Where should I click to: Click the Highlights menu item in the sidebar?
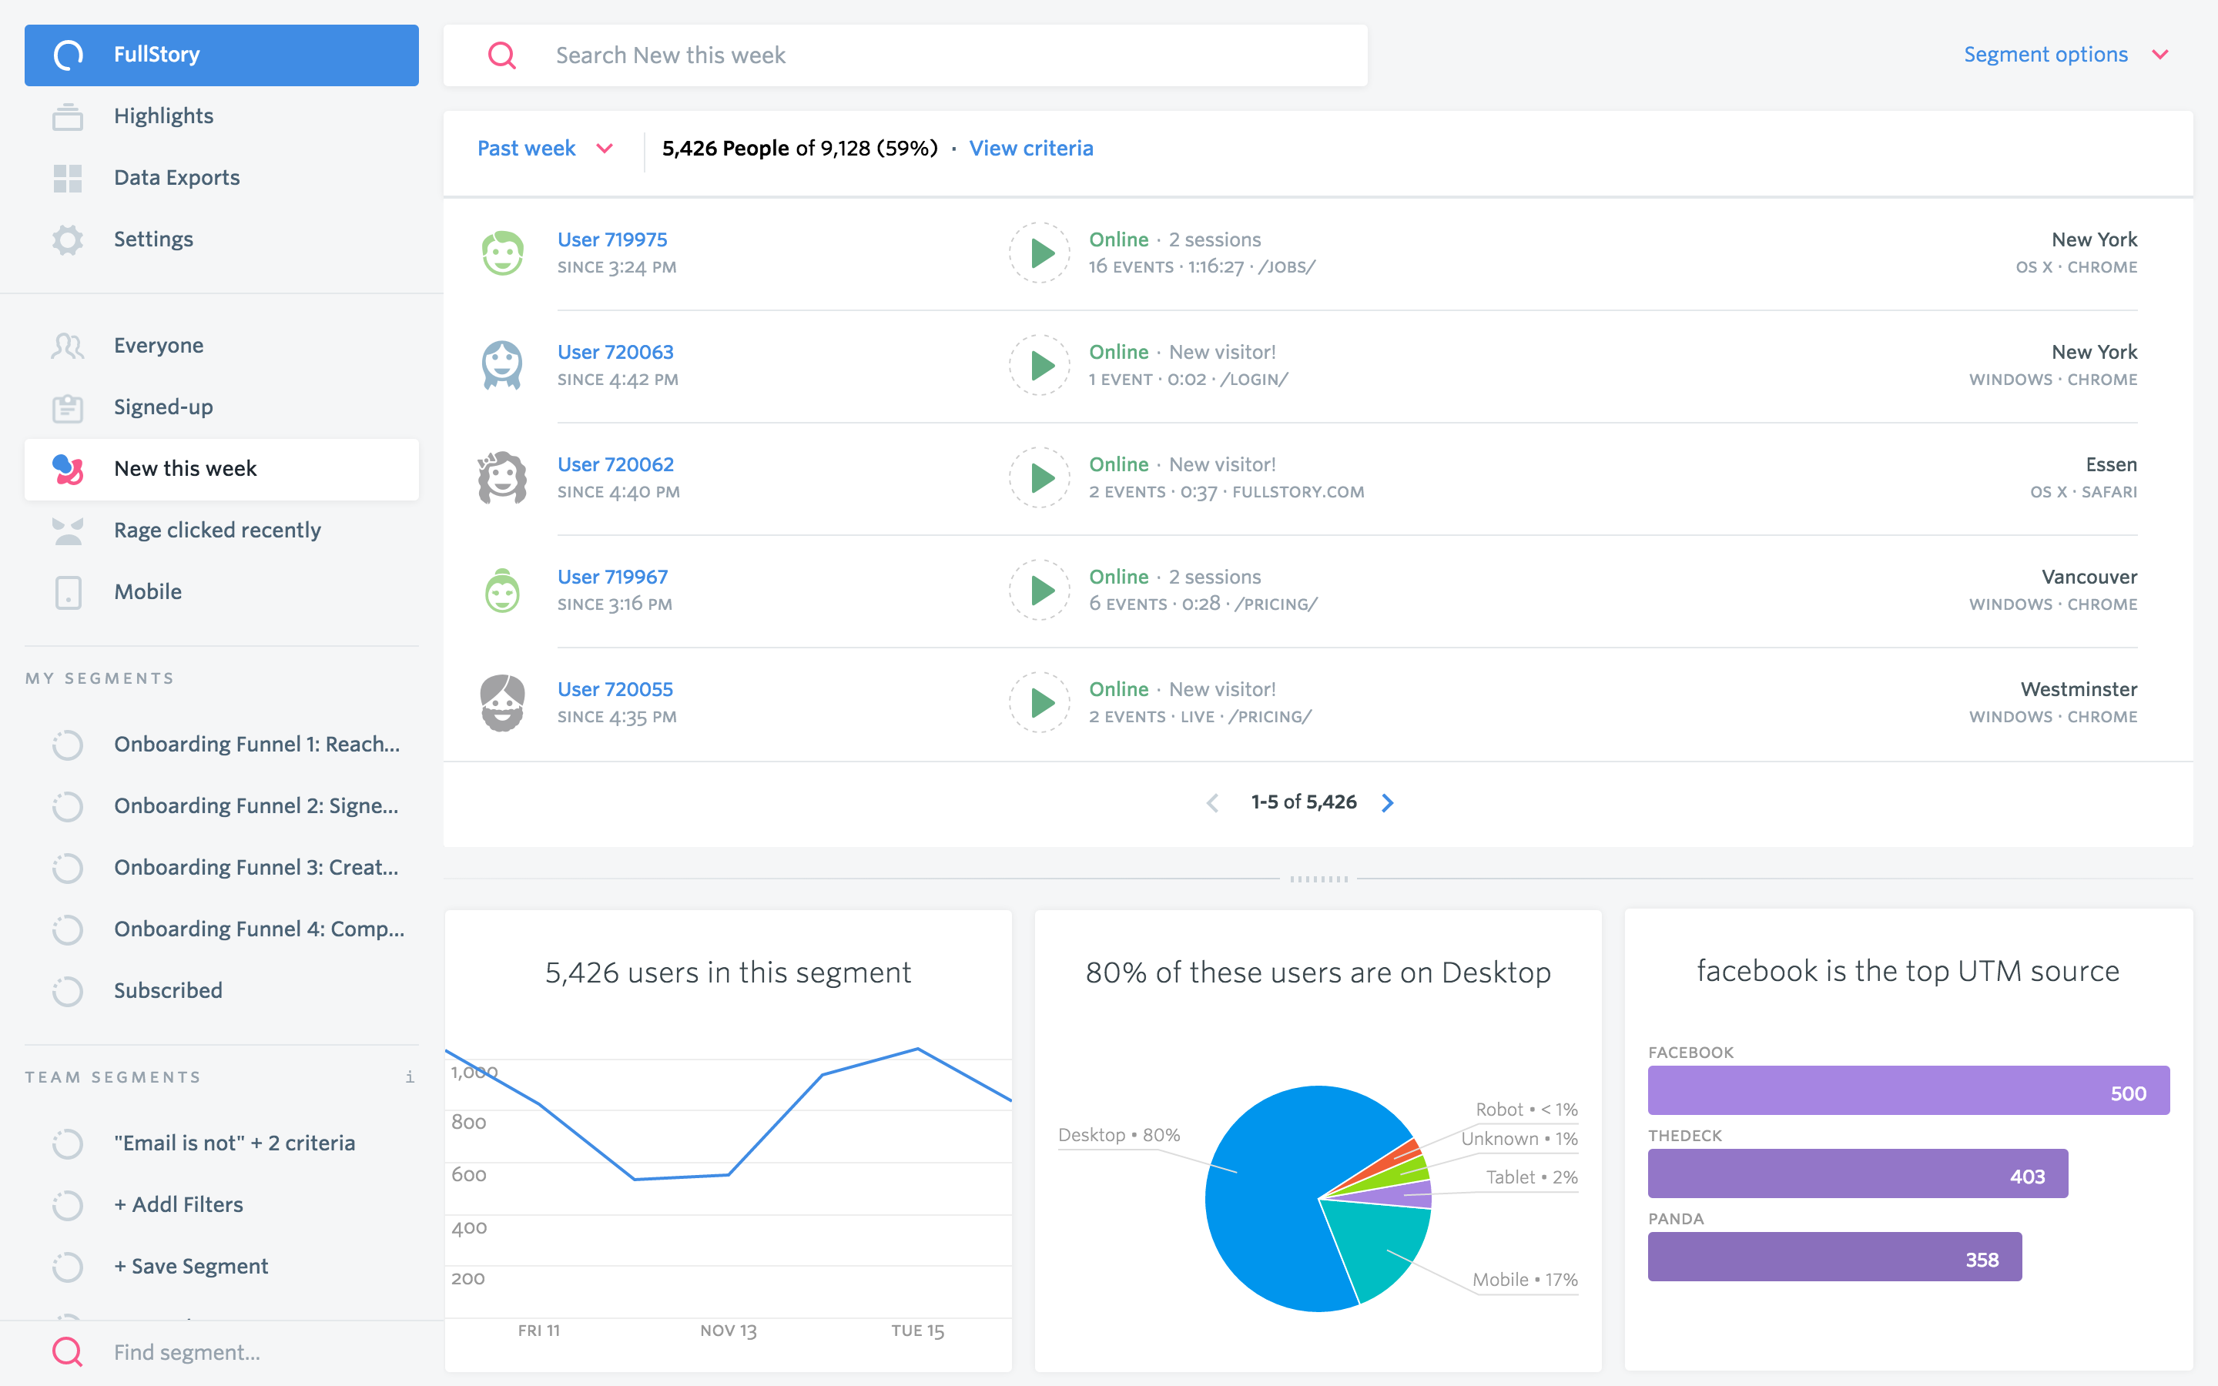point(163,116)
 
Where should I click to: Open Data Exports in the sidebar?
point(176,178)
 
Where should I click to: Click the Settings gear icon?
point(68,239)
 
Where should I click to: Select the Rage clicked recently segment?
point(216,530)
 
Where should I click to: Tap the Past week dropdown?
point(544,149)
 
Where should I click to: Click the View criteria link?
point(1030,149)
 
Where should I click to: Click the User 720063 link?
point(615,352)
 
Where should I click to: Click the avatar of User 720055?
point(502,703)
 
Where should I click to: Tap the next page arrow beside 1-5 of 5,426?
point(1387,803)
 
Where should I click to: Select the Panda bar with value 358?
point(1833,1257)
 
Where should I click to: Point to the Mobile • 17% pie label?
point(1524,1280)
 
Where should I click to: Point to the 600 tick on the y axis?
point(468,1175)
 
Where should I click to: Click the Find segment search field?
point(187,1352)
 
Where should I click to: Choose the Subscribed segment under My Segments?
point(168,991)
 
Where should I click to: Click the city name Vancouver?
point(2088,577)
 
